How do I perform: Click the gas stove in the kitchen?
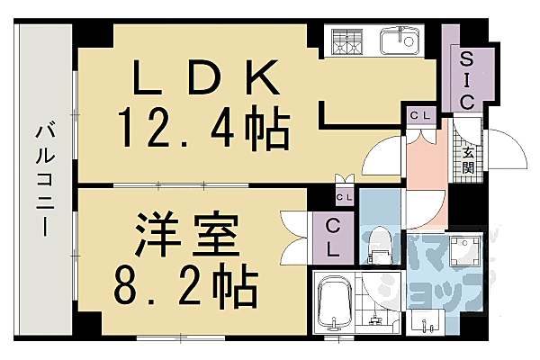(346, 41)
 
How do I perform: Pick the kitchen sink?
(397, 41)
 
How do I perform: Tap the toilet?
(380, 245)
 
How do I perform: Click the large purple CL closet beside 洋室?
(332, 238)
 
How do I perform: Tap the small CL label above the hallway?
(418, 115)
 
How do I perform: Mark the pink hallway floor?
(423, 175)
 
